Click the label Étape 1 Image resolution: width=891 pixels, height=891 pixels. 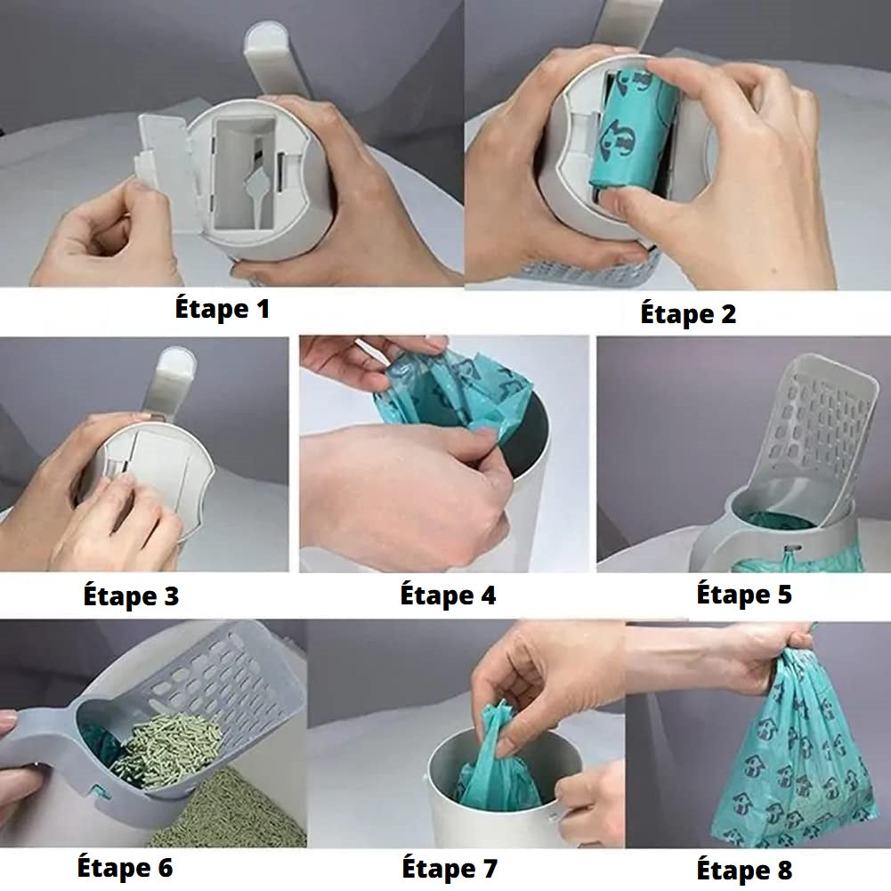(x=222, y=309)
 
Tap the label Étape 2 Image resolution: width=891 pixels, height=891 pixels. (x=688, y=313)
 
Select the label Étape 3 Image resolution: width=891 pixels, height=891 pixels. (x=131, y=595)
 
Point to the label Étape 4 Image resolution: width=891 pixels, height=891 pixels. (x=448, y=595)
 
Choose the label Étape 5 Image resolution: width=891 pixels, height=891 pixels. (x=744, y=594)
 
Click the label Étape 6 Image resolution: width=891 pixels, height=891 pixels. (x=125, y=867)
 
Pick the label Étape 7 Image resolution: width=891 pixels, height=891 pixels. (x=450, y=868)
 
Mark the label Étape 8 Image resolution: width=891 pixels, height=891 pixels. (x=744, y=870)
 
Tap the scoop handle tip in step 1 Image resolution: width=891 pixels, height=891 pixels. (x=268, y=43)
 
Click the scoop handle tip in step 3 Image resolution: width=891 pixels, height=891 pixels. (x=175, y=364)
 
